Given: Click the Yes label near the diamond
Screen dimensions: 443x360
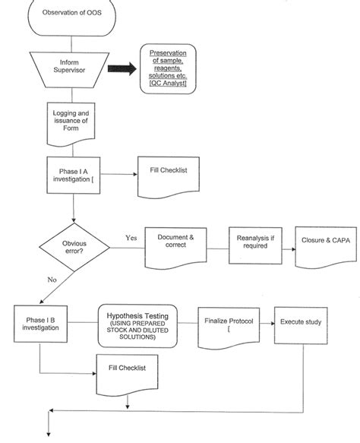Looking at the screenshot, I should (x=131, y=238).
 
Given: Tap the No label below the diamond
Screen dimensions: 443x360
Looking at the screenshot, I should (x=52, y=280).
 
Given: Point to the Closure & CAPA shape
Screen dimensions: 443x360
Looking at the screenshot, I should (x=324, y=244).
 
